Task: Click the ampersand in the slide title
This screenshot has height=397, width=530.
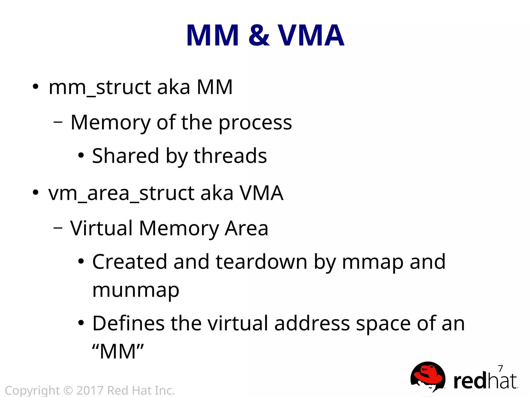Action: point(259,35)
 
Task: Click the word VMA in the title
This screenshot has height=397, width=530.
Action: point(311,35)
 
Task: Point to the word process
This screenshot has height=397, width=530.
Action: point(255,123)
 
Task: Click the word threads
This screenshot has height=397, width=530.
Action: point(230,156)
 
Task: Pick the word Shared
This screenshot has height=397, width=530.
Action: point(126,156)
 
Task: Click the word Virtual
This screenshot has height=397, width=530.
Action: point(101,228)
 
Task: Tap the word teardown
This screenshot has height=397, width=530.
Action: point(261,262)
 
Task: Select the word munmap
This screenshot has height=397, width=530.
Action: point(136,290)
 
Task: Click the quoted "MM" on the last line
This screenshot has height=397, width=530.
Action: point(118,351)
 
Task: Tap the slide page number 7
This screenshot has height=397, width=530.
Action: point(500,368)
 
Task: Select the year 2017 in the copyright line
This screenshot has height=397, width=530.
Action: point(90,391)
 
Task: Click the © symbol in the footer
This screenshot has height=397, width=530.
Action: point(68,391)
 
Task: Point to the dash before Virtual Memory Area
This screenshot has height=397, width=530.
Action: point(58,228)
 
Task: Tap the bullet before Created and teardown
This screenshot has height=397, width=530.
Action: point(81,261)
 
